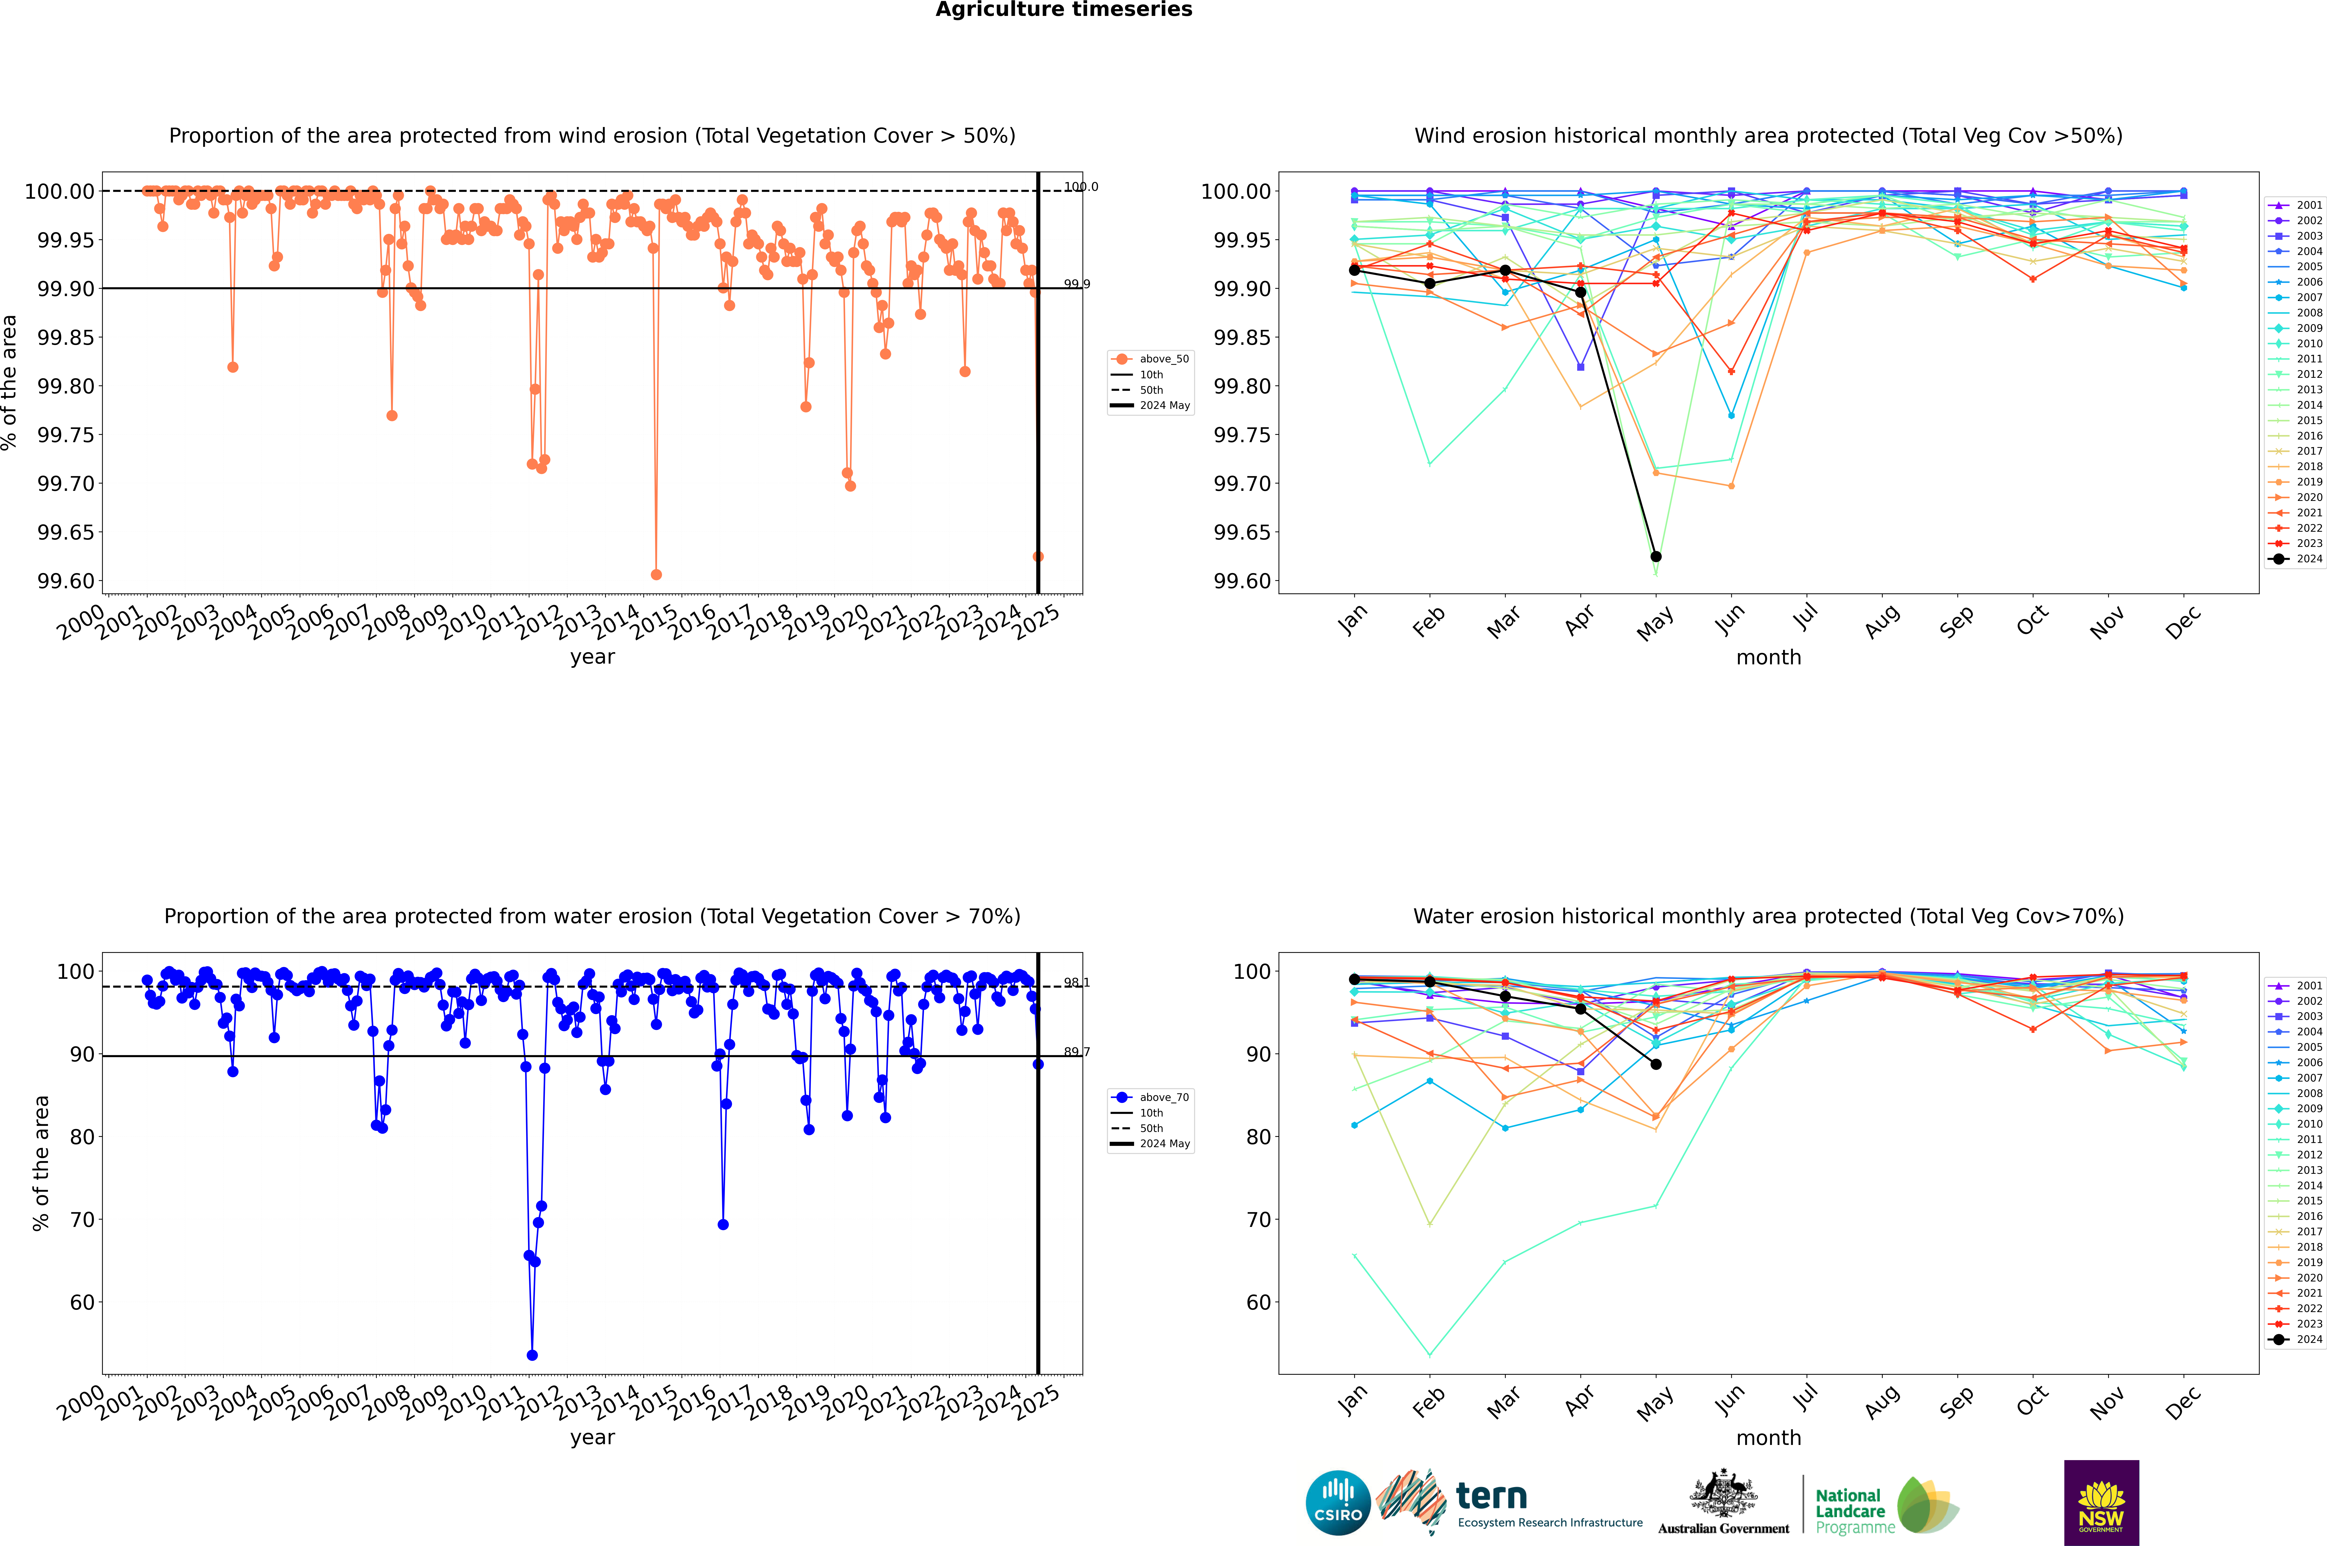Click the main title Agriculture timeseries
click(x=1063, y=10)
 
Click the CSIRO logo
click(x=1338, y=1503)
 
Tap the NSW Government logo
click(x=2101, y=1503)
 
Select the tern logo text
click(x=1492, y=1497)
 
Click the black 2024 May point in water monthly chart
click(x=1655, y=1064)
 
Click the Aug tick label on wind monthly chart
click(x=1882, y=621)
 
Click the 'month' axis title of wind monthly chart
click(x=1768, y=658)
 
